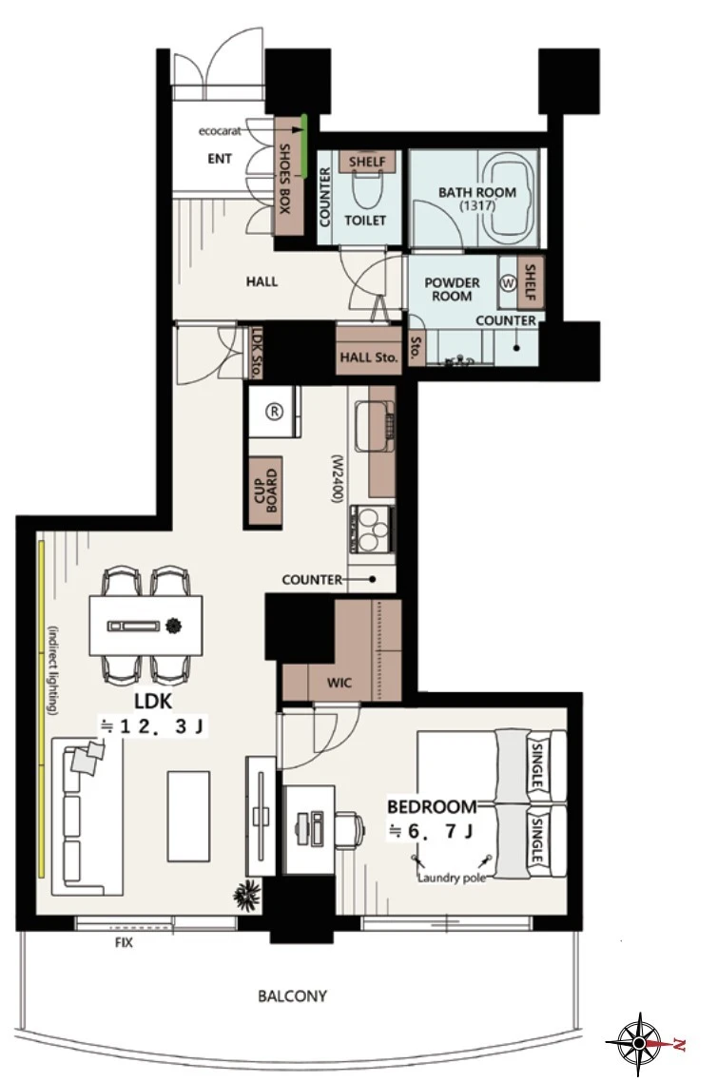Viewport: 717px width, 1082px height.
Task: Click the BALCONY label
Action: pos(292,995)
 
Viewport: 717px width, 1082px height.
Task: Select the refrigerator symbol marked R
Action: pos(275,412)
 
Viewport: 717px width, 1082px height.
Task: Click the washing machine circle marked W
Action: pos(510,283)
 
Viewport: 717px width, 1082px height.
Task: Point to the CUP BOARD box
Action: pos(264,493)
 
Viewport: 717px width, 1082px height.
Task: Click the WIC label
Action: pos(339,683)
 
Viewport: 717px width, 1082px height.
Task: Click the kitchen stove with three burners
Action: pos(371,530)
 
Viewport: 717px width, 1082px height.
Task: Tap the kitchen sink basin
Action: pos(373,427)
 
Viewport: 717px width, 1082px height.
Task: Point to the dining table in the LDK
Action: pos(146,626)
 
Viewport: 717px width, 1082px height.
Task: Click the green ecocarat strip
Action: pos(303,125)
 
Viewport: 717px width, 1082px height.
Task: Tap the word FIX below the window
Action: pos(125,941)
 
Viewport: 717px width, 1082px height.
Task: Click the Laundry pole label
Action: pos(452,879)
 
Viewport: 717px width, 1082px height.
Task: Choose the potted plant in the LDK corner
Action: pos(244,897)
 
